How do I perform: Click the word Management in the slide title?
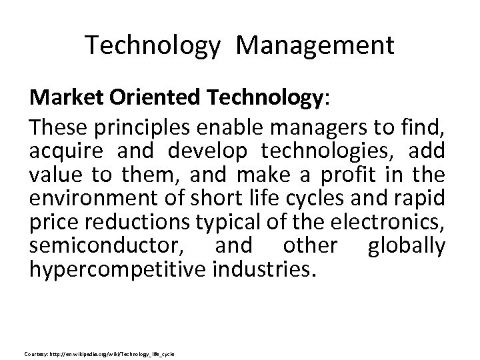[315, 45]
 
